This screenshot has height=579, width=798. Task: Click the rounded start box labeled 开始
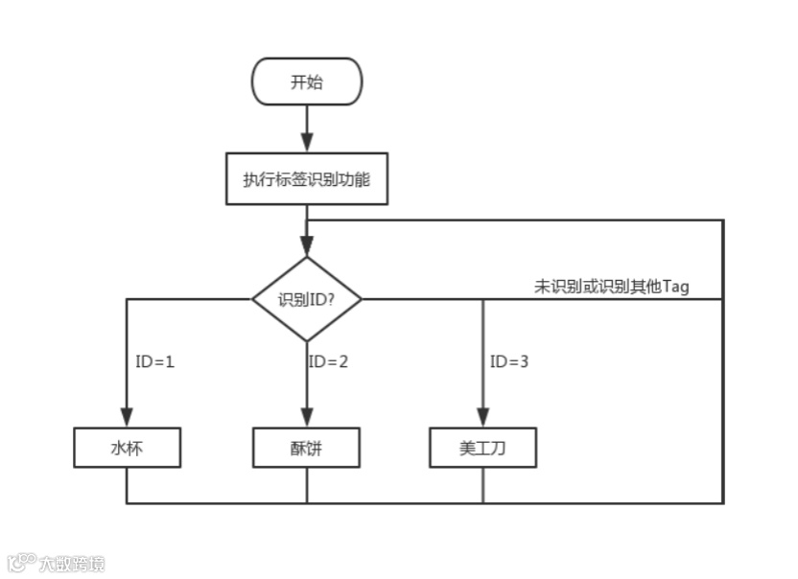click(x=307, y=81)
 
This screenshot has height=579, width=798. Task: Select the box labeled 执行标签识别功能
click(x=307, y=179)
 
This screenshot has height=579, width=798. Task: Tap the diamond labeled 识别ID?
click(x=307, y=299)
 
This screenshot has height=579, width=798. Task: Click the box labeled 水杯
click(x=127, y=448)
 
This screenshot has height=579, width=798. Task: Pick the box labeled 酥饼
click(x=307, y=448)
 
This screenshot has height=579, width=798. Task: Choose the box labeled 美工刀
click(x=482, y=448)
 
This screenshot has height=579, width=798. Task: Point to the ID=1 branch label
click(x=155, y=362)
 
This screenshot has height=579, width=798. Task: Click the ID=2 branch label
click(x=328, y=362)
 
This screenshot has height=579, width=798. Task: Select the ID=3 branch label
click(x=509, y=362)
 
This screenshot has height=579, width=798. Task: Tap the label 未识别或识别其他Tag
click(x=611, y=287)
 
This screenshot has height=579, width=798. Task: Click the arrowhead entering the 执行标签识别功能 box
click(x=307, y=146)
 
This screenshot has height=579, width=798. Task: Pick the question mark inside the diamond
click(x=330, y=299)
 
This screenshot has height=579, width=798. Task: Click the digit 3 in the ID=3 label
click(x=524, y=362)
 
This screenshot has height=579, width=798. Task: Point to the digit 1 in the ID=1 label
click(x=170, y=362)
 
